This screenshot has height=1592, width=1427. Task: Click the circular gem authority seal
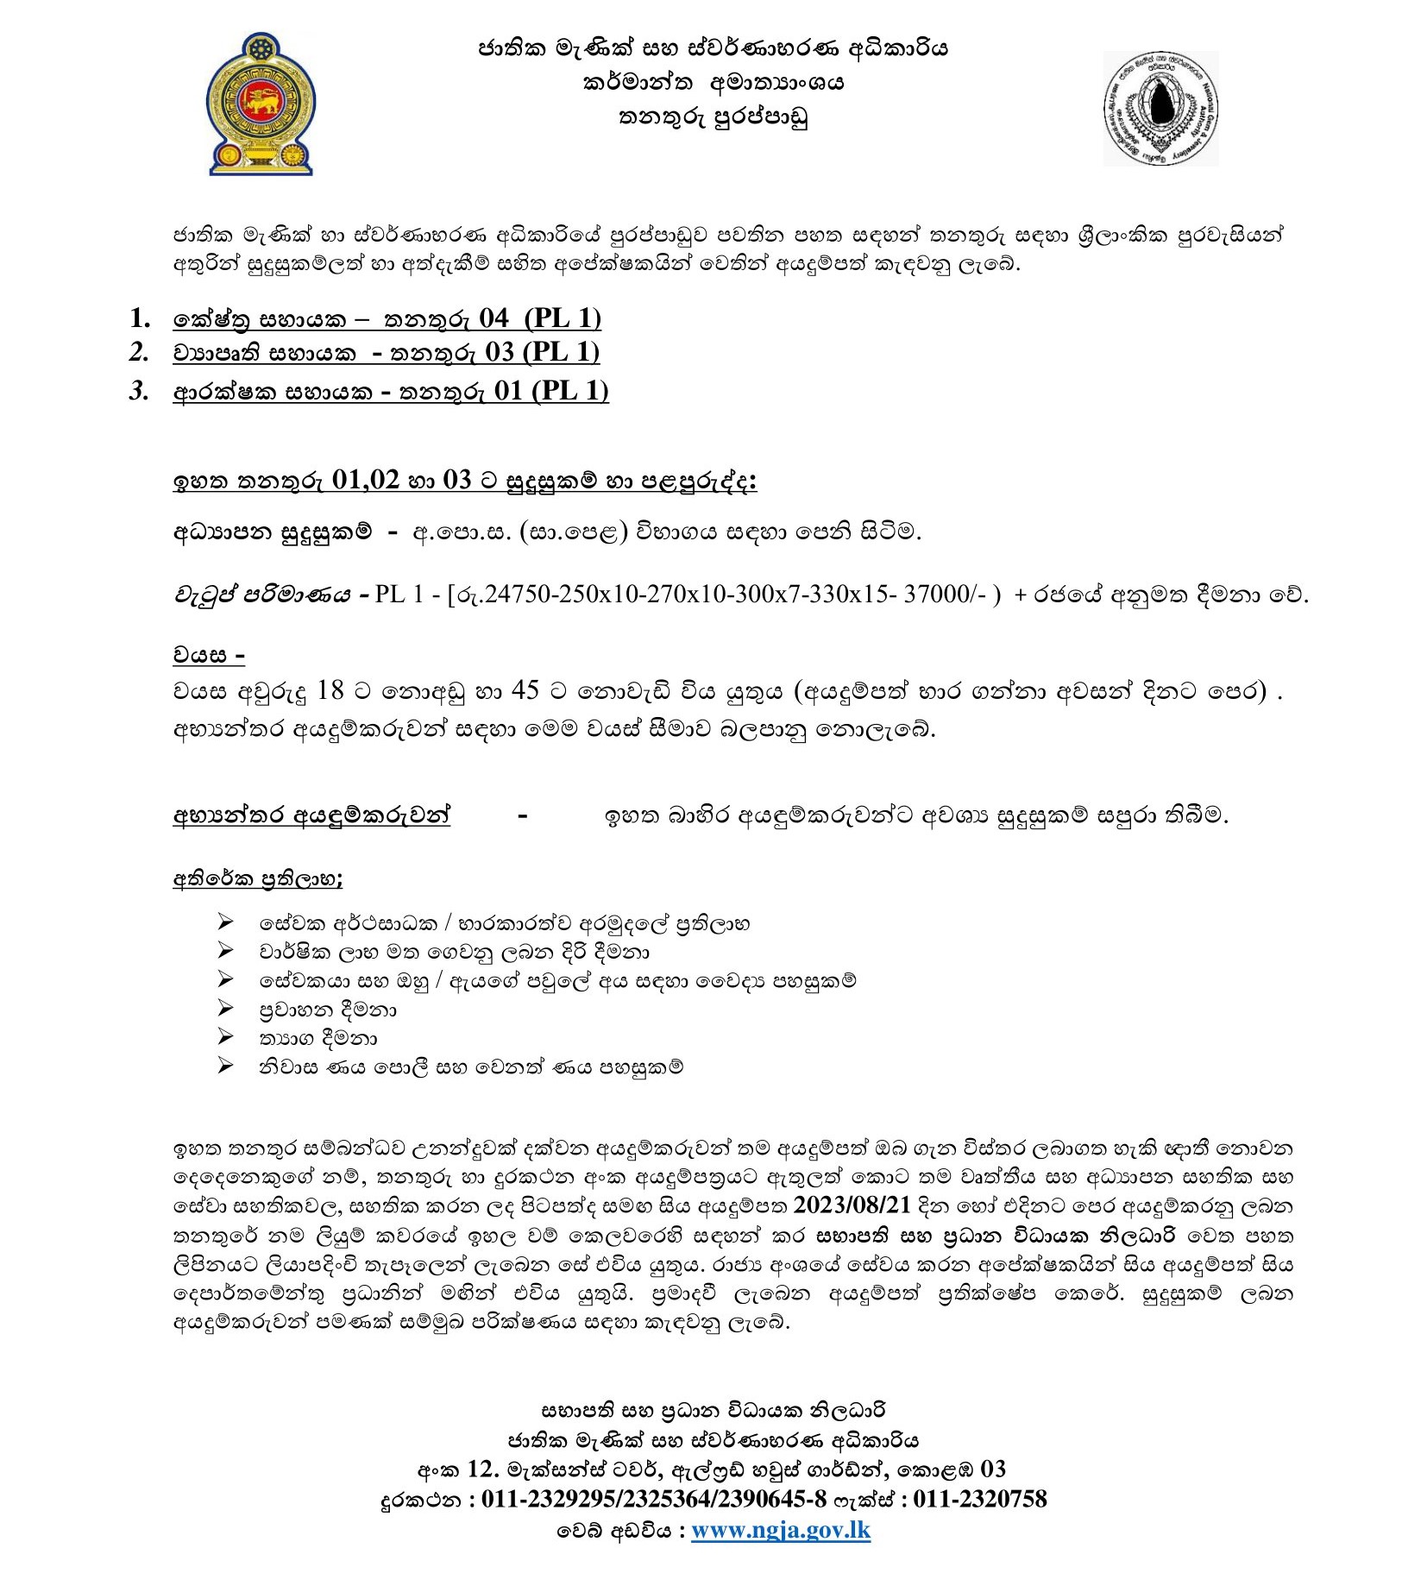tap(1160, 108)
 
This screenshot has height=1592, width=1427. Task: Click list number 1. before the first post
tap(141, 318)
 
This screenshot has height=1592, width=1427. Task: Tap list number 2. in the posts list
tap(139, 352)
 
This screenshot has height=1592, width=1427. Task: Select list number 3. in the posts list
tap(139, 391)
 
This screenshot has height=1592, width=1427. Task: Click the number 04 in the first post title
tap(493, 318)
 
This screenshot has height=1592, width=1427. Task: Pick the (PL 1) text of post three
tap(569, 391)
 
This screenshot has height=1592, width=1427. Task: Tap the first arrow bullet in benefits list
tap(226, 923)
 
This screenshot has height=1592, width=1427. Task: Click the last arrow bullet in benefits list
tap(226, 1067)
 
